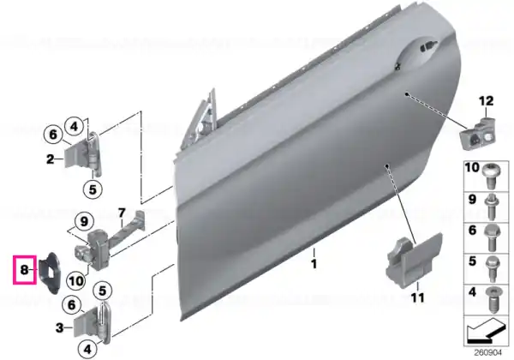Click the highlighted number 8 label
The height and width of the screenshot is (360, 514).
(x=24, y=270)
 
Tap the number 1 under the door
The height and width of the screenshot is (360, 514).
(x=314, y=264)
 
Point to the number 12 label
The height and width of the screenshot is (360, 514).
(x=486, y=101)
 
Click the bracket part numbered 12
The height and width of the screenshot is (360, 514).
(x=478, y=134)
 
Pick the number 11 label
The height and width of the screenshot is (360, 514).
(x=418, y=297)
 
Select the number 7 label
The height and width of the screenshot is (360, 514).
(x=122, y=213)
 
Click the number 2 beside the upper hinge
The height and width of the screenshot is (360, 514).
(x=51, y=159)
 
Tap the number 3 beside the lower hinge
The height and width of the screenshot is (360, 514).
(x=59, y=327)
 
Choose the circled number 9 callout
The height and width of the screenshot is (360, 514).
(x=84, y=221)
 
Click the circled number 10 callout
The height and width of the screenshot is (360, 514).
(x=76, y=281)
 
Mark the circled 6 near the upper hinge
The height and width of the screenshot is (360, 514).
(x=53, y=135)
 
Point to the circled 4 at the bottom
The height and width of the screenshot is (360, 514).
(x=87, y=350)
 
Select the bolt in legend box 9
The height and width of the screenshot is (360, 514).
(x=491, y=207)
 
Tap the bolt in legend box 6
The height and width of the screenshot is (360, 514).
(x=491, y=238)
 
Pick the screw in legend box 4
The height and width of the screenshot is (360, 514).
(x=492, y=300)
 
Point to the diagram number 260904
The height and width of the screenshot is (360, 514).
(x=487, y=352)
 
